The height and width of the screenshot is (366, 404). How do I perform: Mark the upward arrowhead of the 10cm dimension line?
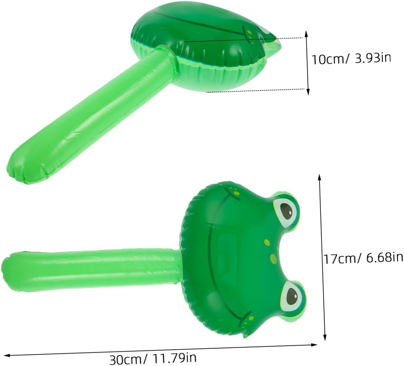click(306, 34)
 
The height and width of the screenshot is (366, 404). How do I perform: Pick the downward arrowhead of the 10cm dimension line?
click(308, 91)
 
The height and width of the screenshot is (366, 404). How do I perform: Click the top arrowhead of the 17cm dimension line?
click(319, 178)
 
